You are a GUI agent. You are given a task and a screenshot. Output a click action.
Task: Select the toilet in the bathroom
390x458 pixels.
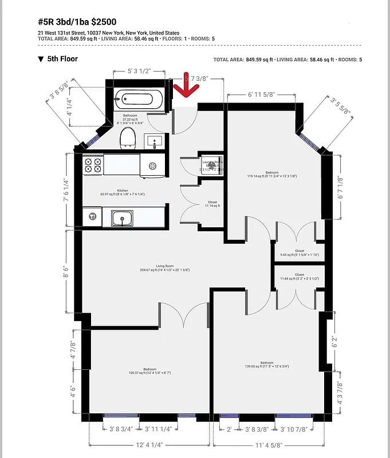(x=127, y=137)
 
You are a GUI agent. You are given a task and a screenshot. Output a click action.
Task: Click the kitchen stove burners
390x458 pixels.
(x=93, y=165)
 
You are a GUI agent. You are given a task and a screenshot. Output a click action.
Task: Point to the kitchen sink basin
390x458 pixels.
(x=121, y=218)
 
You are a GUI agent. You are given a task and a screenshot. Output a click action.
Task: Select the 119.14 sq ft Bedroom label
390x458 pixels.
(x=271, y=174)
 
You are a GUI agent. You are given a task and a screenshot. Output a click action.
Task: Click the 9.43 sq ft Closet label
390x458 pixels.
(x=300, y=252)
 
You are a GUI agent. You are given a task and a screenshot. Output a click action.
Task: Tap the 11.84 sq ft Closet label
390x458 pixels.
(x=300, y=277)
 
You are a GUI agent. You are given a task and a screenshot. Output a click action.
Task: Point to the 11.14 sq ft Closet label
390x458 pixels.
(x=212, y=204)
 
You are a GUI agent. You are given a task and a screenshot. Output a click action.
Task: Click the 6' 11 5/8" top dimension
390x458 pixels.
(x=262, y=93)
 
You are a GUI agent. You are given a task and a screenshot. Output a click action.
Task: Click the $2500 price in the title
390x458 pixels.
(x=103, y=22)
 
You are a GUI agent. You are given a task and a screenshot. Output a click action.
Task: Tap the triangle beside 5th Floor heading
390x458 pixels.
(x=41, y=59)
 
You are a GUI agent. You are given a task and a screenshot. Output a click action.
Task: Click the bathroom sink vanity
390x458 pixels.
(x=153, y=140)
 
